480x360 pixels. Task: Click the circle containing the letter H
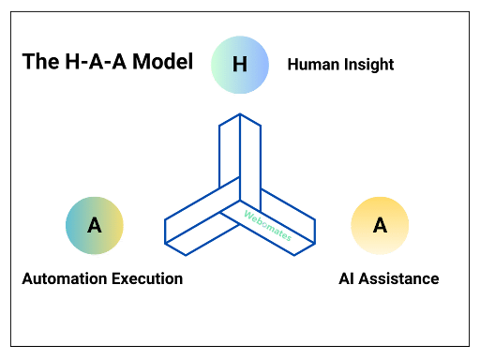click(x=240, y=65)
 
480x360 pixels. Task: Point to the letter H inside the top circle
click(x=240, y=65)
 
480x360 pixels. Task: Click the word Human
click(x=312, y=65)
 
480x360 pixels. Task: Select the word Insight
click(x=367, y=65)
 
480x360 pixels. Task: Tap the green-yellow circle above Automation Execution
click(x=94, y=226)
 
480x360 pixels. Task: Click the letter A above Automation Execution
click(x=94, y=226)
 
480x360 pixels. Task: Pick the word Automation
click(x=61, y=278)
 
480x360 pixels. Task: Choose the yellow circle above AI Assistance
click(x=380, y=226)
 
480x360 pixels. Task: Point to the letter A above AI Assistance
click(x=380, y=226)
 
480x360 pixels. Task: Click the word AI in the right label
click(x=346, y=278)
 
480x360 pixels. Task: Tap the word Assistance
click(x=398, y=278)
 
